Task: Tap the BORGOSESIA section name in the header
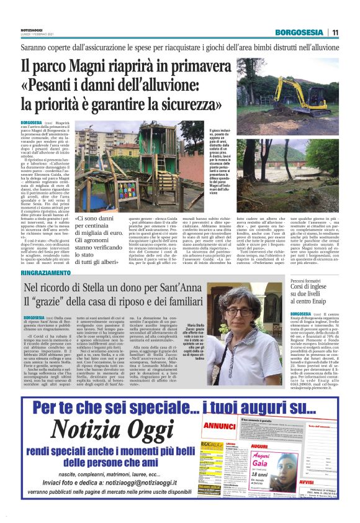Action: tap(301, 32)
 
